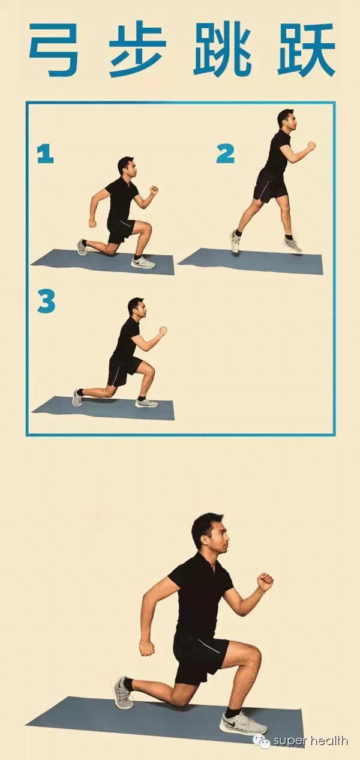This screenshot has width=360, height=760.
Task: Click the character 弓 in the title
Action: click(53, 50)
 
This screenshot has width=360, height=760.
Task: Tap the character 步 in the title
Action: click(138, 50)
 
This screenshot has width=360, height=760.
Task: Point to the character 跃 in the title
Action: click(306, 50)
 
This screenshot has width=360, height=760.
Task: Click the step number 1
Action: click(46, 153)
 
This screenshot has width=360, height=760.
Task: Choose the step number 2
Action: click(226, 153)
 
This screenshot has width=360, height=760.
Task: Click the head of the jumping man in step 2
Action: click(286, 119)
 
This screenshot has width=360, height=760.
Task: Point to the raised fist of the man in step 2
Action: click(311, 146)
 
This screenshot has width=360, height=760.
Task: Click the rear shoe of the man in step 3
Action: click(77, 397)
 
